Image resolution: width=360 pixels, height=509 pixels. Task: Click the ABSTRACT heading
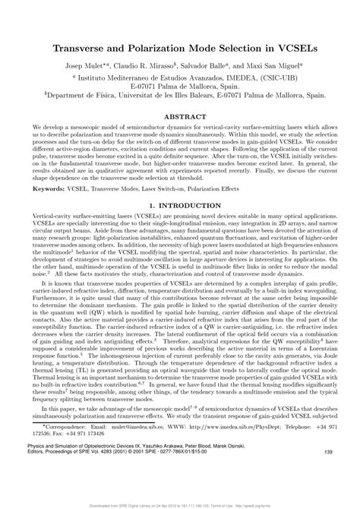(179, 118)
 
